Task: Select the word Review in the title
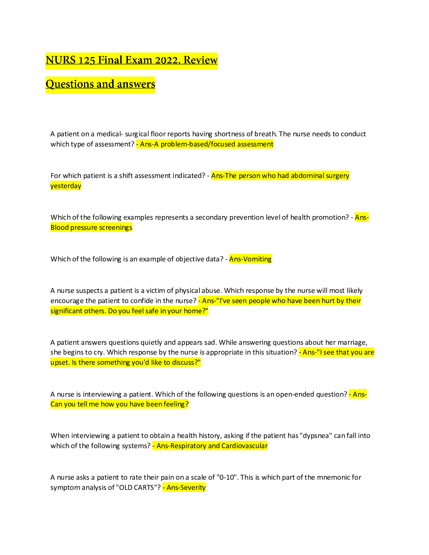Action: click(200, 60)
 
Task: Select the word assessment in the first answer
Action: click(255, 144)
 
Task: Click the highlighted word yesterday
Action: click(66, 186)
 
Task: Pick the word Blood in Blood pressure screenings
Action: click(60, 228)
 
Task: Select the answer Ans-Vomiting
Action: click(250, 259)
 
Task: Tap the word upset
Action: click(60, 363)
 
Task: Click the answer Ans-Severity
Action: click(184, 488)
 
